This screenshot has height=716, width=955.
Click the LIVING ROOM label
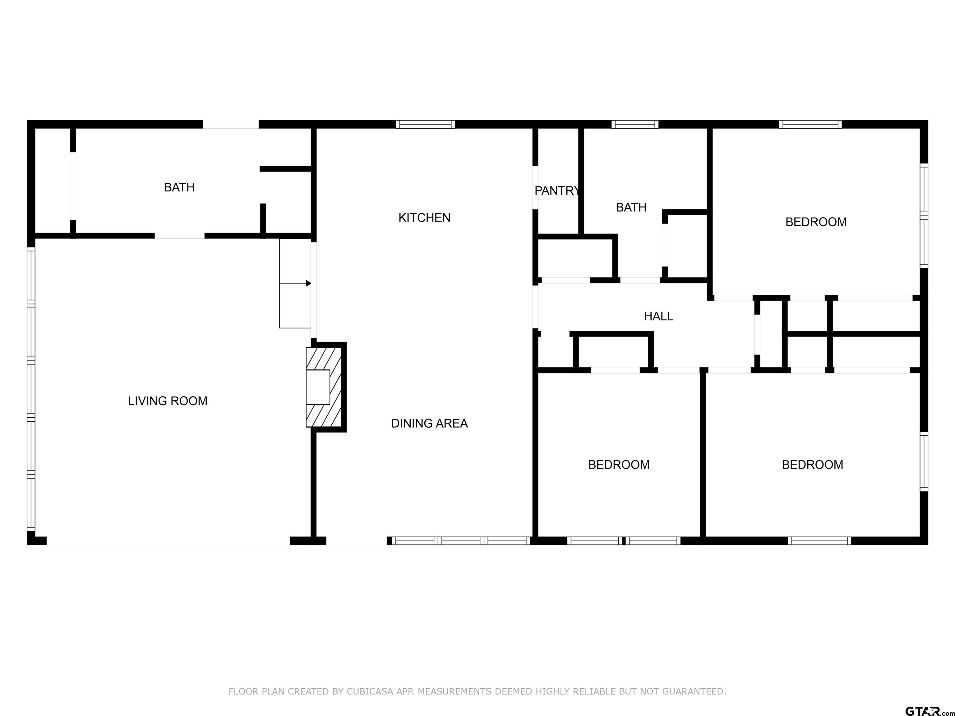(x=168, y=401)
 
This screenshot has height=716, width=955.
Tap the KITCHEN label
(x=424, y=218)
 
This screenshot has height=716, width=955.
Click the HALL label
(x=658, y=316)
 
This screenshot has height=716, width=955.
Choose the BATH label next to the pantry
(x=631, y=208)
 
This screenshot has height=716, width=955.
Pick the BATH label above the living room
(x=179, y=187)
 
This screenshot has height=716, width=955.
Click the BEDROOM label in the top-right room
(x=815, y=222)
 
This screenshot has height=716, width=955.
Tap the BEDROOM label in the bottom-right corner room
(x=812, y=465)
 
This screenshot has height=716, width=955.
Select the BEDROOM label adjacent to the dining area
(x=619, y=465)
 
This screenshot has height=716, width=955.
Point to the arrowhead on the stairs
(x=308, y=283)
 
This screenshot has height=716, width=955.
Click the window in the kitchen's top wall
(x=425, y=124)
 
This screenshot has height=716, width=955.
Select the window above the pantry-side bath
(x=635, y=124)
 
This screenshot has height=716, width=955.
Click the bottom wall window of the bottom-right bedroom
(x=819, y=541)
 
